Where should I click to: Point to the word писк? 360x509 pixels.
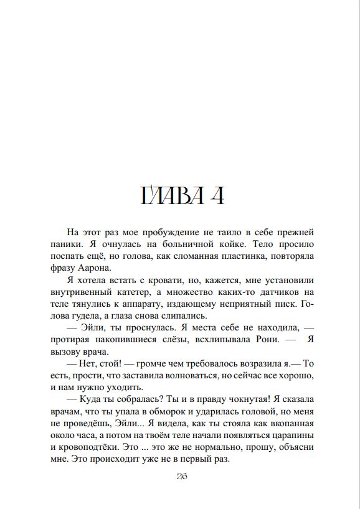(283, 304)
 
